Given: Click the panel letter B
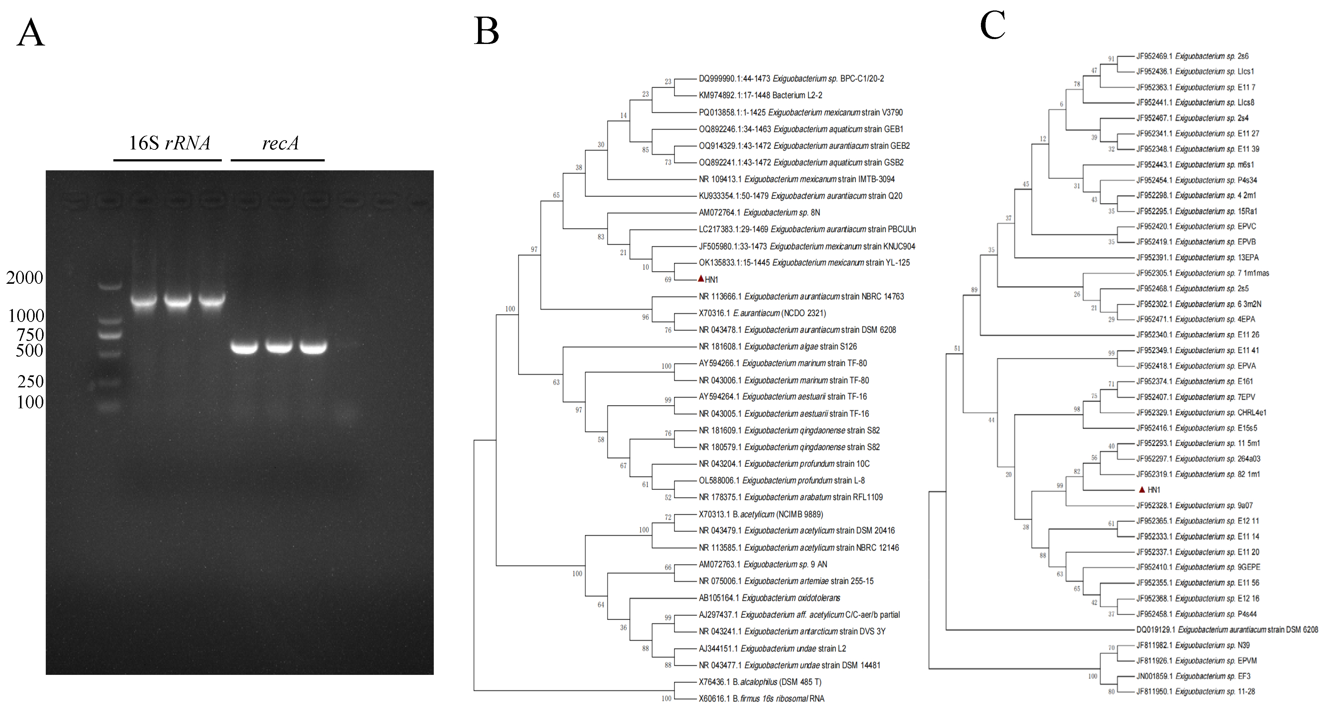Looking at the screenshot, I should pyautogui.click(x=486, y=31).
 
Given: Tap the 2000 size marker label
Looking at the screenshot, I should pyautogui.click(x=24, y=278).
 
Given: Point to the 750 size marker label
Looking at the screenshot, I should pyautogui.click(x=30, y=335).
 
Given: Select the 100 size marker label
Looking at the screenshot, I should pyautogui.click(x=30, y=402).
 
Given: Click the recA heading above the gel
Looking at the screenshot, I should pyautogui.click(x=280, y=143).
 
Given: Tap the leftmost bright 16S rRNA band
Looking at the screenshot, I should pyautogui.click(x=144, y=300).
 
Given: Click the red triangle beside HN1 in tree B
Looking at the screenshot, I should pyautogui.click(x=700, y=279).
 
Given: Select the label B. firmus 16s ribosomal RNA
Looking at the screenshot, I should pyautogui.click(x=761, y=699).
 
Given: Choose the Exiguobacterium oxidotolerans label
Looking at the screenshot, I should pyautogui.click(x=769, y=598).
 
